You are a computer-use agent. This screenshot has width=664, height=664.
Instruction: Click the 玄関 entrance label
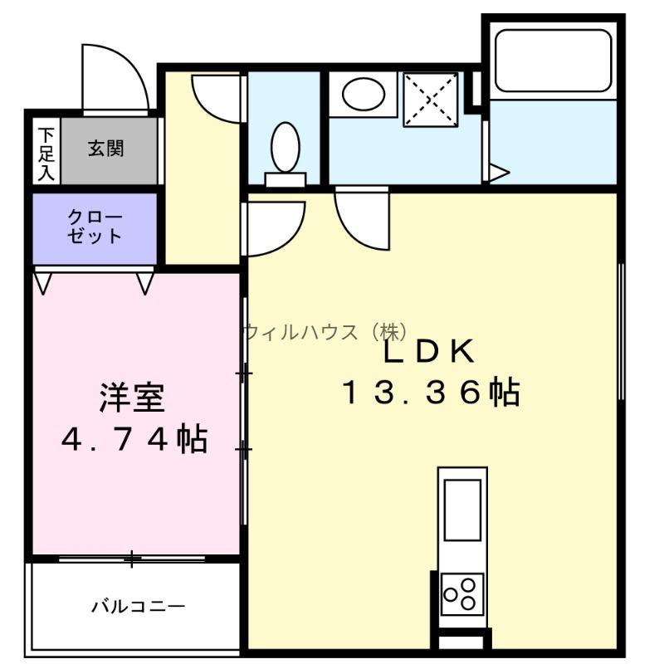(x=106, y=149)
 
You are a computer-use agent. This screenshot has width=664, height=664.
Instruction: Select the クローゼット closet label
(x=95, y=227)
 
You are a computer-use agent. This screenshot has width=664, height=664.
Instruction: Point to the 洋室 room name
(x=132, y=398)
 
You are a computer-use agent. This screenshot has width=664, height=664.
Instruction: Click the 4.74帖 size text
(x=134, y=439)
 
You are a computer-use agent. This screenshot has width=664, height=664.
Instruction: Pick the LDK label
(x=428, y=351)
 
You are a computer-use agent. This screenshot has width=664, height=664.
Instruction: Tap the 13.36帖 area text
(x=431, y=392)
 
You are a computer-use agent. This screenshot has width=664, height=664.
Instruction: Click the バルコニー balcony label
(x=139, y=607)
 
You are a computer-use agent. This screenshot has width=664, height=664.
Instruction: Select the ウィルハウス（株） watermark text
(x=327, y=331)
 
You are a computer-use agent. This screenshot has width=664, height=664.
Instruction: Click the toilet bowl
(x=286, y=147)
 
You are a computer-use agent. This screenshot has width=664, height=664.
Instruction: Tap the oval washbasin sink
(x=364, y=94)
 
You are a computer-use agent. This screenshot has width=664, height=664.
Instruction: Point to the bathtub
(x=553, y=60)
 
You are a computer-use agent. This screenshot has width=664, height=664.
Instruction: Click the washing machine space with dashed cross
(x=431, y=100)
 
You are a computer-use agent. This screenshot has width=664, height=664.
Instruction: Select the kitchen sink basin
(x=462, y=510)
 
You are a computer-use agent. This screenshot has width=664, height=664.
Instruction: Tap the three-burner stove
(x=462, y=593)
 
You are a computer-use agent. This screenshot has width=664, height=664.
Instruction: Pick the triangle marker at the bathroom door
(x=500, y=173)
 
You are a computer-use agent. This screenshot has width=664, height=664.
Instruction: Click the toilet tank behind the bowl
(x=286, y=179)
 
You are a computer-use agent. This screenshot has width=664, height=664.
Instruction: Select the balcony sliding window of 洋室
(x=132, y=559)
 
